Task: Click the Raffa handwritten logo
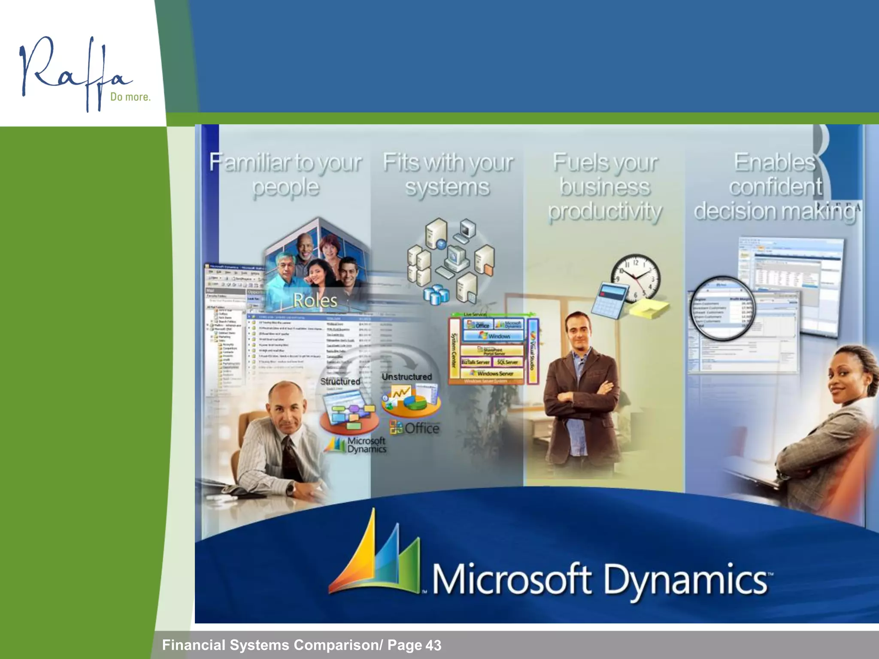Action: [73, 73]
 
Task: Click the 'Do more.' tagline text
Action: [130, 97]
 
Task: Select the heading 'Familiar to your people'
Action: [286, 175]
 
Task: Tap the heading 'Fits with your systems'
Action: [448, 175]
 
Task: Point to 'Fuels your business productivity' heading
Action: [605, 187]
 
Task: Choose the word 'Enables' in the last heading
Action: [774, 163]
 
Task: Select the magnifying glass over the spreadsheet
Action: [722, 308]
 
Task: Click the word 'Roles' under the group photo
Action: [315, 300]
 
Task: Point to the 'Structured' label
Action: [340, 381]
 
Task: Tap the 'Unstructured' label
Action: [406, 377]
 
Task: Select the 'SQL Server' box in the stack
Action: [507, 362]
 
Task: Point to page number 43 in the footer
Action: [433, 645]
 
